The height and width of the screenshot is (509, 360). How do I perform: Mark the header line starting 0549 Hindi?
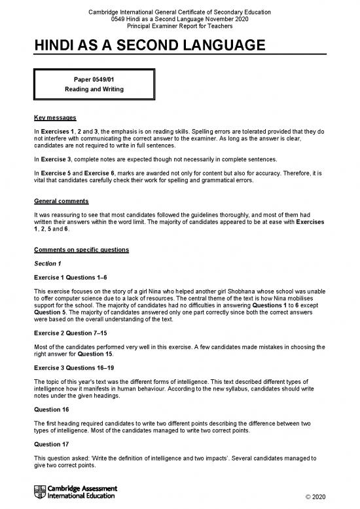[x=179, y=20]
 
